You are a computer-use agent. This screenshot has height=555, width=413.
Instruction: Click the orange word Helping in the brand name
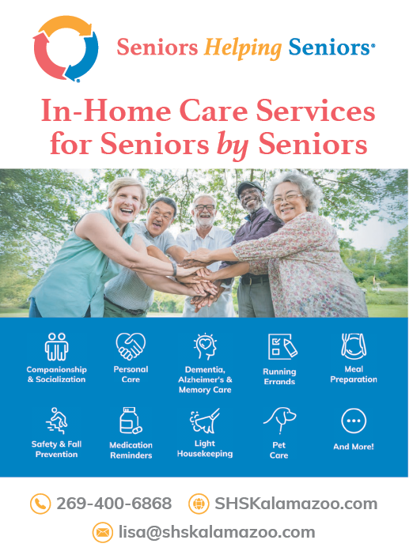coord(243,48)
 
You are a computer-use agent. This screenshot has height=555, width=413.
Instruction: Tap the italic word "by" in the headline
coord(233,145)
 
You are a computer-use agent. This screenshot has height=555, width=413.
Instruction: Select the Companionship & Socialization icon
coord(57,346)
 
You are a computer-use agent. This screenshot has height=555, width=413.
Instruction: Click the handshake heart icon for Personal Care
coord(131,345)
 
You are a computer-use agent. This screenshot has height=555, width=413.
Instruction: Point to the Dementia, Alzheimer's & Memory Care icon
coord(205,346)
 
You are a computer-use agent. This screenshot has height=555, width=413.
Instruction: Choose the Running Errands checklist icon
coord(282,346)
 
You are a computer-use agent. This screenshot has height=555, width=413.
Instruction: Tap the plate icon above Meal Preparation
coord(354,345)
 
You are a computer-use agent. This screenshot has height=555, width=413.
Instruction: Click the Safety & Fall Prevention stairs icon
coord(57,421)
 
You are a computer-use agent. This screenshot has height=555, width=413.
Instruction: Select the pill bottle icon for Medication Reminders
coord(131,421)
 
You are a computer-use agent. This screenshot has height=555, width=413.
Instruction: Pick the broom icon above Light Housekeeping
coord(205,421)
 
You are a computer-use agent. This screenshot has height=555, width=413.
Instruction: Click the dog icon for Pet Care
coord(279,421)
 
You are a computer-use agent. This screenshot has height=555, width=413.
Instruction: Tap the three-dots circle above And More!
coord(354,421)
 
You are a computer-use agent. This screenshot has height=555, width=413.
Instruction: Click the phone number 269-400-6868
coord(114,504)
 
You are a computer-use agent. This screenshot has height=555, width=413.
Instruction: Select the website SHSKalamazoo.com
coord(296,504)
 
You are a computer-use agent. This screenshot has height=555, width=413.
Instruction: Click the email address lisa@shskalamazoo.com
coord(217,532)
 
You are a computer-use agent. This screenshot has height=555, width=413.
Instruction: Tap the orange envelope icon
coord(103,532)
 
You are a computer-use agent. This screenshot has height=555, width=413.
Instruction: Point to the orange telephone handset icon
coord(40,504)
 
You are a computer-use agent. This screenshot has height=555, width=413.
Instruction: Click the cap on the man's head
coord(249,187)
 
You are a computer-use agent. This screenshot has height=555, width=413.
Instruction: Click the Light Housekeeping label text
coord(205,448)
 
